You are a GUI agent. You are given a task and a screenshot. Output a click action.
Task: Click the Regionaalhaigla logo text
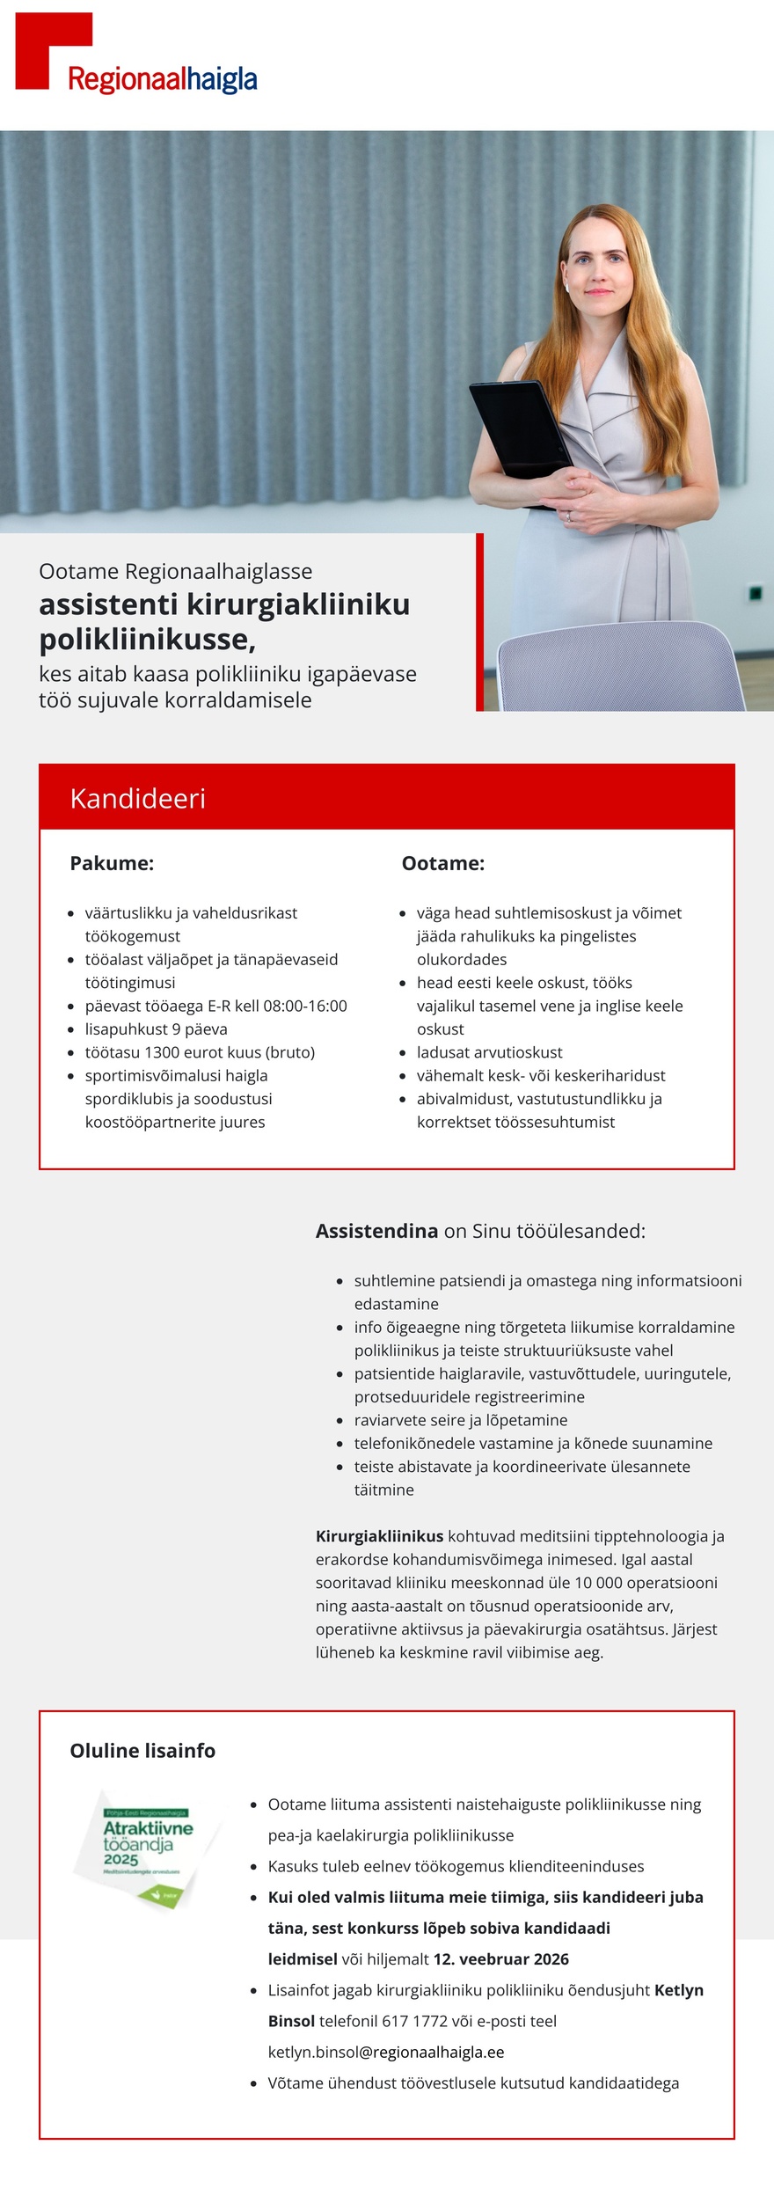(x=162, y=80)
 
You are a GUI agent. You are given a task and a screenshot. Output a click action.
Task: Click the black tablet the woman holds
(x=519, y=431)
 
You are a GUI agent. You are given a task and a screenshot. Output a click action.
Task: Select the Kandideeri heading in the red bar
(x=137, y=798)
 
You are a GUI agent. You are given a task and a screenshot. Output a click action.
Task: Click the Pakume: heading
(x=112, y=863)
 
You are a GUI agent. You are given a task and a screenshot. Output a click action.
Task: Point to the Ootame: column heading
(x=442, y=863)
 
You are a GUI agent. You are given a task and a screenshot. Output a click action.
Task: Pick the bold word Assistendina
(x=376, y=1231)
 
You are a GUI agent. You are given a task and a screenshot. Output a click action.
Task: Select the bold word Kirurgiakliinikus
(x=379, y=1536)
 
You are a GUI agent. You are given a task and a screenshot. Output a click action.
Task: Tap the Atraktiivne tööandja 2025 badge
(x=147, y=1848)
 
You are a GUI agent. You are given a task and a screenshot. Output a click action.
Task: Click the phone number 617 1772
(x=414, y=2021)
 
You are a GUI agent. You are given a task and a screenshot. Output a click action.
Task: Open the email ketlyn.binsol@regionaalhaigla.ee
(x=386, y=2052)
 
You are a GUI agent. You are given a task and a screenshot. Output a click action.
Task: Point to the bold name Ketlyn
(x=678, y=1990)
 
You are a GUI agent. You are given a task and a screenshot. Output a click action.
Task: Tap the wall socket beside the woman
(x=754, y=594)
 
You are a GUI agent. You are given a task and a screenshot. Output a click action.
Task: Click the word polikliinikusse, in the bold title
(x=147, y=640)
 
